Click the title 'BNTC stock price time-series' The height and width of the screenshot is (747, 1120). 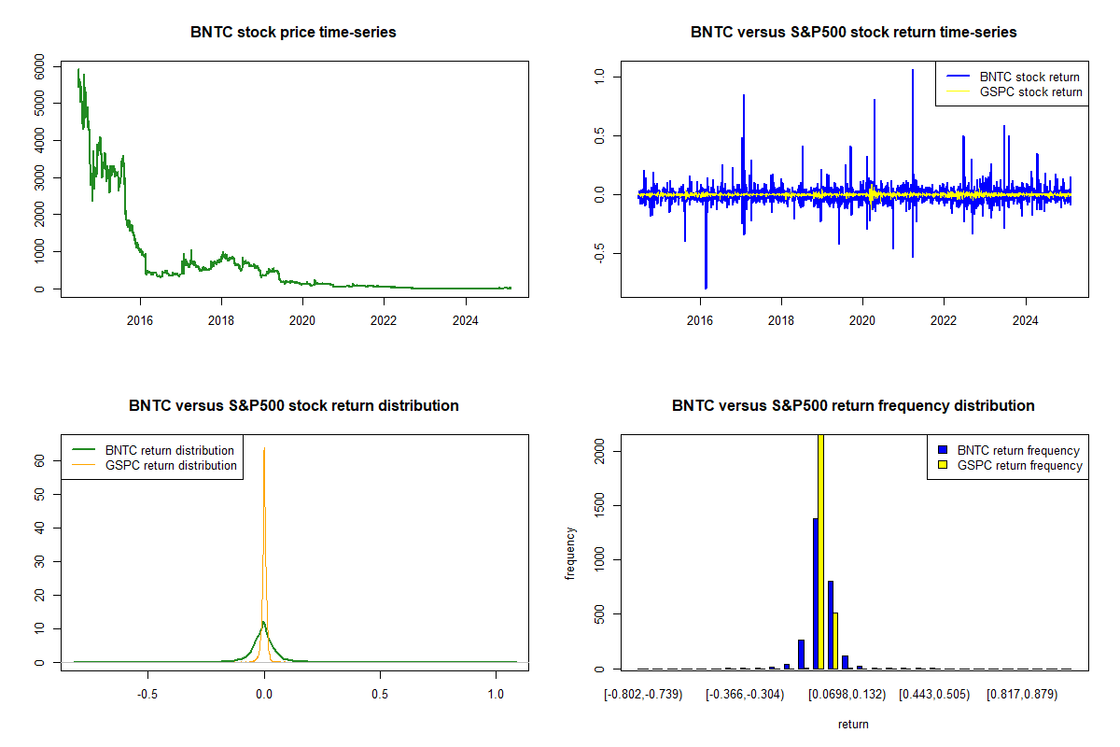(293, 33)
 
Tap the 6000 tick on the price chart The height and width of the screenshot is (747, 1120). (39, 66)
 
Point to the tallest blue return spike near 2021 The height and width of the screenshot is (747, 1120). (912, 70)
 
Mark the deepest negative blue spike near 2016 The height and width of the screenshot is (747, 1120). (706, 286)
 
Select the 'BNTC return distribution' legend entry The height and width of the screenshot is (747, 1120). (169, 450)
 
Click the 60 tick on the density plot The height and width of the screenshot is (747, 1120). (39, 460)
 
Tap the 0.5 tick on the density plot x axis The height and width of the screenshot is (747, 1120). (380, 695)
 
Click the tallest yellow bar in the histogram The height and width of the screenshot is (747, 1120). (821, 551)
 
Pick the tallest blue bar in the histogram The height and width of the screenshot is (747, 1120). (815, 593)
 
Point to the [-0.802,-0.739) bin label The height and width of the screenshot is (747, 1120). (644, 695)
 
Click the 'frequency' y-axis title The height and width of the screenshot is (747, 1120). (570, 554)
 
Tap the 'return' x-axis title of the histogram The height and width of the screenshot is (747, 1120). (853, 724)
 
